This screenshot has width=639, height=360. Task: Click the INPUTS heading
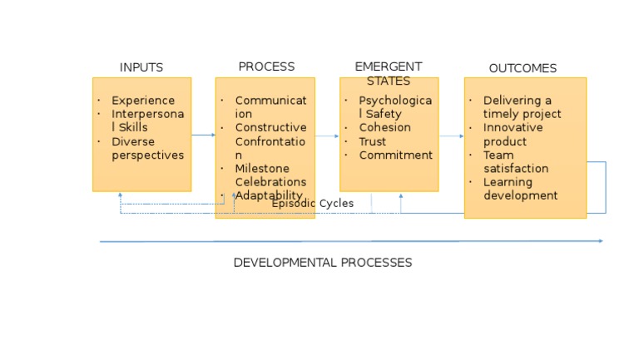click(141, 67)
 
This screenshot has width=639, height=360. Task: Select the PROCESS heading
click(266, 67)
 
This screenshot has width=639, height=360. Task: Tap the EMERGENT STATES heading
click(388, 73)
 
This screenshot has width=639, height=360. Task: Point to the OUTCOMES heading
click(523, 68)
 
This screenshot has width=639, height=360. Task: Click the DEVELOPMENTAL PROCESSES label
click(322, 263)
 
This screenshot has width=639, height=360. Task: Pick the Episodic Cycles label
click(313, 204)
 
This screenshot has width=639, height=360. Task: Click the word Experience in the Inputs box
click(143, 101)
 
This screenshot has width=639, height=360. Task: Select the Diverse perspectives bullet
click(147, 148)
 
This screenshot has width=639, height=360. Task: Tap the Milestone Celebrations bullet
click(270, 175)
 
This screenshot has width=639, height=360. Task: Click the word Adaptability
click(269, 195)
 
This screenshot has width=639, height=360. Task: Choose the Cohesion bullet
click(384, 128)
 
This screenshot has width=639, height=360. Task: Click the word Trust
click(372, 141)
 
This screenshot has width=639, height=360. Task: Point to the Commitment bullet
click(395, 155)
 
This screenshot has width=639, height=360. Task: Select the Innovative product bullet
click(513, 135)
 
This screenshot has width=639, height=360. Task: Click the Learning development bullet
click(520, 189)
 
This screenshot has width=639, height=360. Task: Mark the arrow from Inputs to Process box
click(203, 135)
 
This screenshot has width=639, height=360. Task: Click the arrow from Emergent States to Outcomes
click(451, 136)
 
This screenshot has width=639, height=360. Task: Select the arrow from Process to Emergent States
click(327, 136)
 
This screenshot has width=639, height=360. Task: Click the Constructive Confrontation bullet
click(270, 141)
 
